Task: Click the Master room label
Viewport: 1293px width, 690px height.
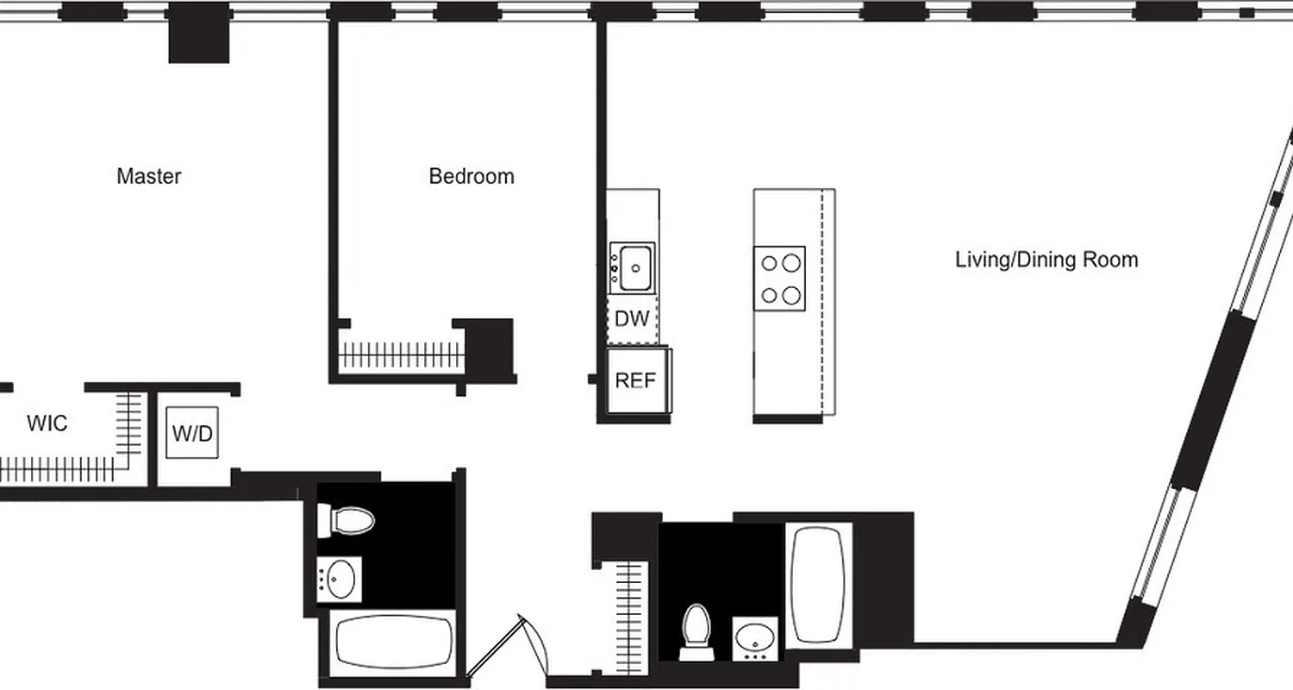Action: [x=149, y=176]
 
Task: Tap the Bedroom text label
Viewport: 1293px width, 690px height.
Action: [x=472, y=176]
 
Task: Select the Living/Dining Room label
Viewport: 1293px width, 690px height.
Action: [x=1046, y=259]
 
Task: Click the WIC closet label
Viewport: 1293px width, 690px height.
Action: [x=47, y=423]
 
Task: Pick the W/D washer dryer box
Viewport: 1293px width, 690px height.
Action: [x=191, y=433]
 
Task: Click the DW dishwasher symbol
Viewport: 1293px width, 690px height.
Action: [x=632, y=319]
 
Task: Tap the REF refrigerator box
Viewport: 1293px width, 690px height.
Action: [x=636, y=379]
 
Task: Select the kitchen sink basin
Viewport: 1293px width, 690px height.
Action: [x=633, y=268]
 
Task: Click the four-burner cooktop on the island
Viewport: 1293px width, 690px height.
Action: [x=780, y=278]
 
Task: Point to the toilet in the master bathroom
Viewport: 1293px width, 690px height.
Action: [x=347, y=519]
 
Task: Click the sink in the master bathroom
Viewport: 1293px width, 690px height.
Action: [x=340, y=578]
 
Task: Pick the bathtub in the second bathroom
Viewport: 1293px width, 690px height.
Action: [x=816, y=583]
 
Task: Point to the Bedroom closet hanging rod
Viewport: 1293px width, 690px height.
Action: [x=400, y=354]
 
